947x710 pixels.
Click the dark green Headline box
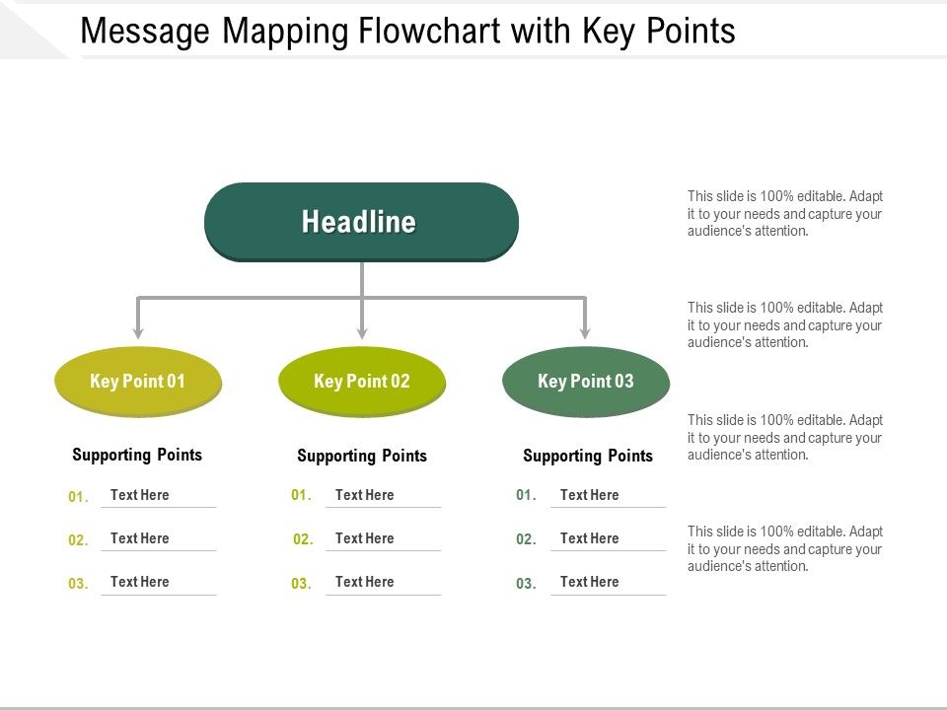(x=361, y=222)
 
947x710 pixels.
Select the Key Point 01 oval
(x=138, y=382)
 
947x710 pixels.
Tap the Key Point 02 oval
(x=362, y=382)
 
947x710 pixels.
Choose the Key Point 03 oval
(x=586, y=382)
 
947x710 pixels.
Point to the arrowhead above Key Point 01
(x=138, y=331)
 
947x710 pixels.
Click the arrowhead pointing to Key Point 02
(x=362, y=331)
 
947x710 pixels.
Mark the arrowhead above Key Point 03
(x=585, y=331)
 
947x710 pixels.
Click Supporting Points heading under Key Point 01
(x=137, y=455)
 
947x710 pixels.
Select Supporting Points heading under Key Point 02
(x=362, y=456)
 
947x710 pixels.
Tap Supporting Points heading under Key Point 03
(x=588, y=456)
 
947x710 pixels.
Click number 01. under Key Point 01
(x=78, y=497)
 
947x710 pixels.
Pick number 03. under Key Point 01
(x=78, y=584)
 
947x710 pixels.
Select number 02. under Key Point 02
(x=303, y=539)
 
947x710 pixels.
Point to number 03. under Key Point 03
(x=526, y=584)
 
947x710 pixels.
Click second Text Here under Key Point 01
(x=140, y=538)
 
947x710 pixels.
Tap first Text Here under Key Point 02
(x=364, y=495)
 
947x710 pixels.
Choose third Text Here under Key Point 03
(x=589, y=582)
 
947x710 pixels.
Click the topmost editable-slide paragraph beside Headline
(x=785, y=214)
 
